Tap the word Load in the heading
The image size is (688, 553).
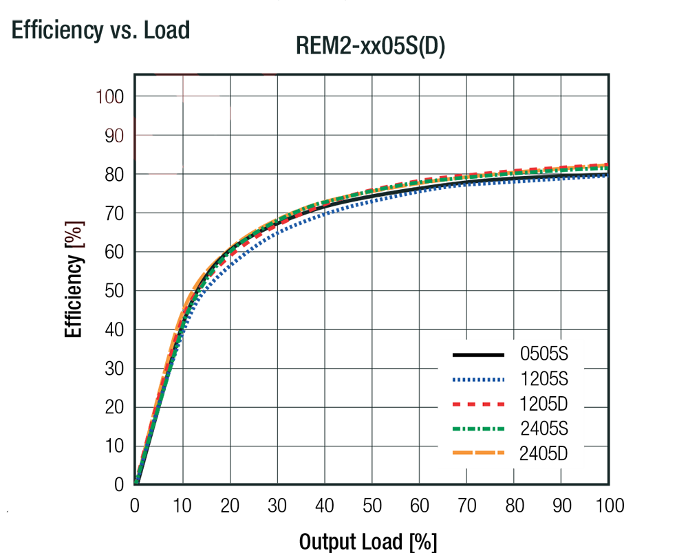click(x=166, y=31)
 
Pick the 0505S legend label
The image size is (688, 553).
click(x=544, y=355)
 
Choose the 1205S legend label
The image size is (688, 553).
click(x=544, y=379)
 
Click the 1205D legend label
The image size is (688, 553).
click(x=544, y=403)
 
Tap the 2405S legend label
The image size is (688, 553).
click(x=544, y=429)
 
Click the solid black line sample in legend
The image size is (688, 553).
click(x=478, y=355)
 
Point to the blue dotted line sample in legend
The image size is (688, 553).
click(x=478, y=379)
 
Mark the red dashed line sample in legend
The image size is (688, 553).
click(x=478, y=404)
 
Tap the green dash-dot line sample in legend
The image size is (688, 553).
click(x=478, y=429)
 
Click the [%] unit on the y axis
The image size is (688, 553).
click(x=78, y=235)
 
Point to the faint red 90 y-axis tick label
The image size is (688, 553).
click(x=115, y=135)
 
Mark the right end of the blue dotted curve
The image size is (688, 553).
click(x=608, y=176)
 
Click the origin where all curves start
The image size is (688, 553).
click(x=136, y=484)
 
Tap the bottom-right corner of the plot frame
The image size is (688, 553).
click(x=609, y=485)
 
